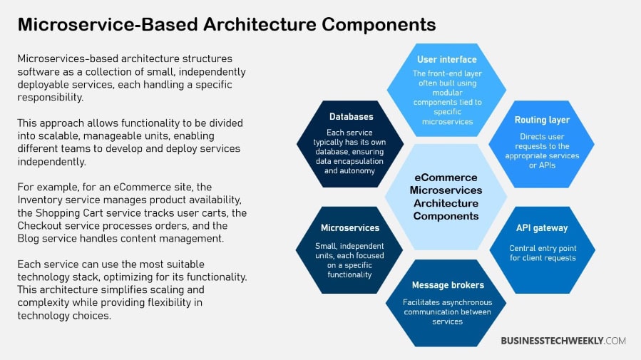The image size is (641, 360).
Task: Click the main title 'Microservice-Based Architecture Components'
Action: tap(226, 24)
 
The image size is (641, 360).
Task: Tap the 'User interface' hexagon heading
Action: tap(446, 59)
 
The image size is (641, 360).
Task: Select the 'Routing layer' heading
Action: tap(542, 120)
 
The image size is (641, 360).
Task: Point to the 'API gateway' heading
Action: tap(542, 228)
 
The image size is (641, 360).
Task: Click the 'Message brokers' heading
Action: tap(447, 285)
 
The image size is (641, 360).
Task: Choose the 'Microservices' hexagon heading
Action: tap(349, 228)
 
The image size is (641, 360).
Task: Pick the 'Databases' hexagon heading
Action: tap(351, 116)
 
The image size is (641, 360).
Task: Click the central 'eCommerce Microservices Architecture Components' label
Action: tap(446, 196)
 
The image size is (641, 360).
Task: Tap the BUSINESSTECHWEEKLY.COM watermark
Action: tap(563, 341)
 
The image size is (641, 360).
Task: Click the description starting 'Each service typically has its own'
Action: tap(350, 151)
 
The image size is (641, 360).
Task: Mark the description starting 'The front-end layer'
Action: tap(446, 97)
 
